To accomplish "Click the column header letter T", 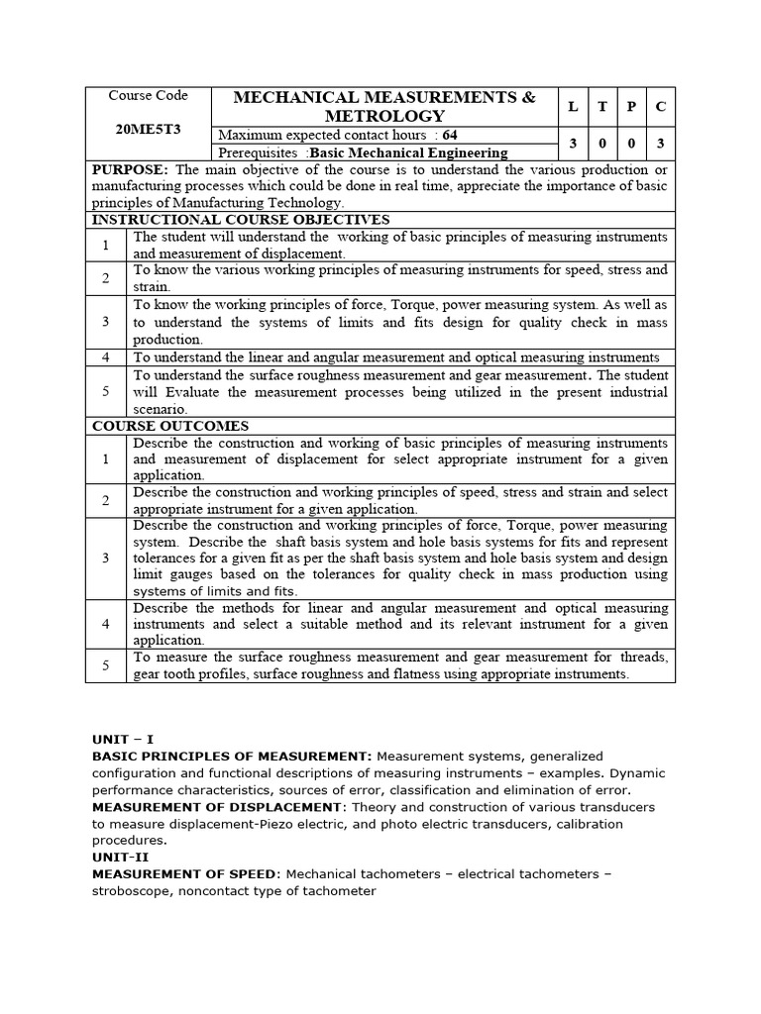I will coord(602,107).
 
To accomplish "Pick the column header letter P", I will coord(631,107).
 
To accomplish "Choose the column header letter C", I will coord(660,107).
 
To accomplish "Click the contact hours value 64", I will coord(451,135).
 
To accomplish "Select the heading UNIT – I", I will coord(123,739).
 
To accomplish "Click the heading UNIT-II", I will coord(120,857).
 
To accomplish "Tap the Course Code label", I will coord(148,96).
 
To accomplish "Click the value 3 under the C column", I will coord(660,144).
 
